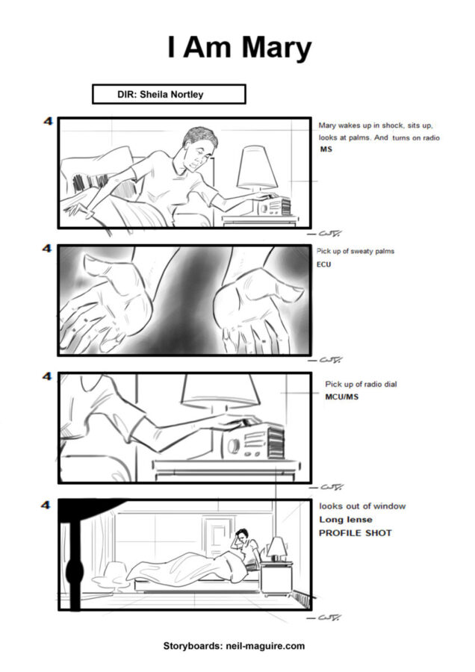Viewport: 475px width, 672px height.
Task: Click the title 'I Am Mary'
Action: pos(239,48)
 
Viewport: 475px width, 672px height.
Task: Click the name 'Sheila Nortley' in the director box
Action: pos(172,94)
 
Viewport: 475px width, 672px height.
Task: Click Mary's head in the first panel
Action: pos(199,148)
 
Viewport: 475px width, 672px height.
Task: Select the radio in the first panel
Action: pos(274,207)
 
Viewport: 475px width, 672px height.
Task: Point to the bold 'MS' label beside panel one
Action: pos(326,149)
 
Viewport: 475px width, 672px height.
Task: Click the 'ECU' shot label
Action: pos(323,264)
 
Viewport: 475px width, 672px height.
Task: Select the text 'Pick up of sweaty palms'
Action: pos(355,251)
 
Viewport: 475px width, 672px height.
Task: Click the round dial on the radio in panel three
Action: pos(233,446)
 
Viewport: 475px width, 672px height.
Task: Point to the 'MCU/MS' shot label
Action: pos(341,396)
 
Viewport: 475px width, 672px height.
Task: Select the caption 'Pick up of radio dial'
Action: pos(361,384)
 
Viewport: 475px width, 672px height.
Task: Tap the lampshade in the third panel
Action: pos(220,389)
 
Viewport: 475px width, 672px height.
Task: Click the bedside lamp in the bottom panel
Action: pos(276,549)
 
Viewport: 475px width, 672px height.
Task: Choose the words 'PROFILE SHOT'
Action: pos(356,533)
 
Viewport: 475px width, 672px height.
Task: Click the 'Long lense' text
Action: pos(346,520)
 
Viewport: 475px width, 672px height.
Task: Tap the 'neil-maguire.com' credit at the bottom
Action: pos(265,646)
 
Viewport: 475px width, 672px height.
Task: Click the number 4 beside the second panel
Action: pos(47,248)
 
